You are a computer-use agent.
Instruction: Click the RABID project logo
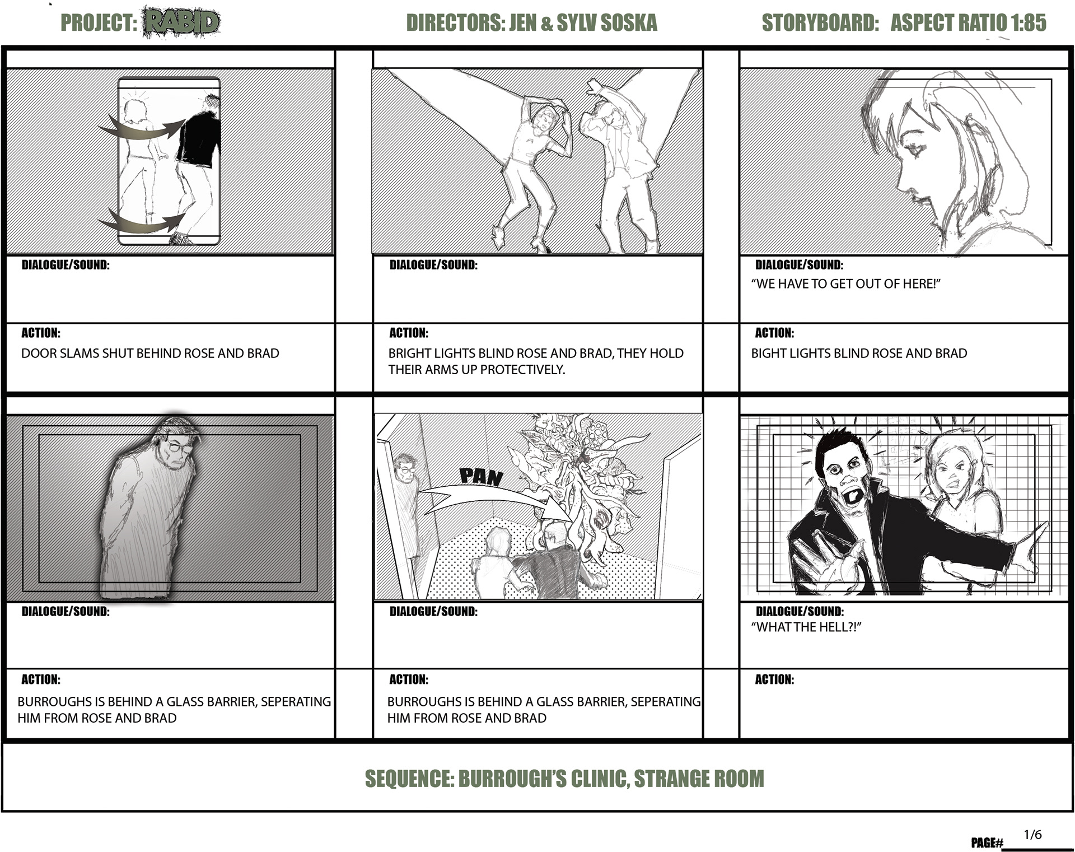(x=181, y=22)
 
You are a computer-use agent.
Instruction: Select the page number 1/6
(x=1032, y=835)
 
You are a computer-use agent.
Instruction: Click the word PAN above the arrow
(x=481, y=476)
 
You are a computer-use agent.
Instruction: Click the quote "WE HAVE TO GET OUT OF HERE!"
(x=845, y=283)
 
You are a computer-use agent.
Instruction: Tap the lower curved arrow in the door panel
(x=142, y=222)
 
